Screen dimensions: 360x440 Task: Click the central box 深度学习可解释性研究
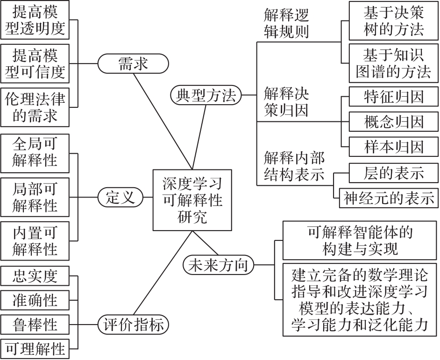click(x=192, y=200)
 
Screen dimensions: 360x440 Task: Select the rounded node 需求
click(x=133, y=64)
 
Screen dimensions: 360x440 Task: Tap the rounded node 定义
click(x=120, y=198)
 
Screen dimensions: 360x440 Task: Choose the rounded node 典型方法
click(x=206, y=96)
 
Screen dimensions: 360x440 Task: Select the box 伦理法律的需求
click(x=35, y=107)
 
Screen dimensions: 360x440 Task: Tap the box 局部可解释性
click(x=35, y=197)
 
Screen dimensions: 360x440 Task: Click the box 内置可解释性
click(x=35, y=240)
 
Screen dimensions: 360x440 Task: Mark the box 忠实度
click(x=35, y=276)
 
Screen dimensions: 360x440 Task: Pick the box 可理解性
click(x=35, y=348)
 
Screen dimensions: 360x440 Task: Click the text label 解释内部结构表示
click(x=294, y=166)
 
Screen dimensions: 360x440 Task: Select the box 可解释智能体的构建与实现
click(x=360, y=240)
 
